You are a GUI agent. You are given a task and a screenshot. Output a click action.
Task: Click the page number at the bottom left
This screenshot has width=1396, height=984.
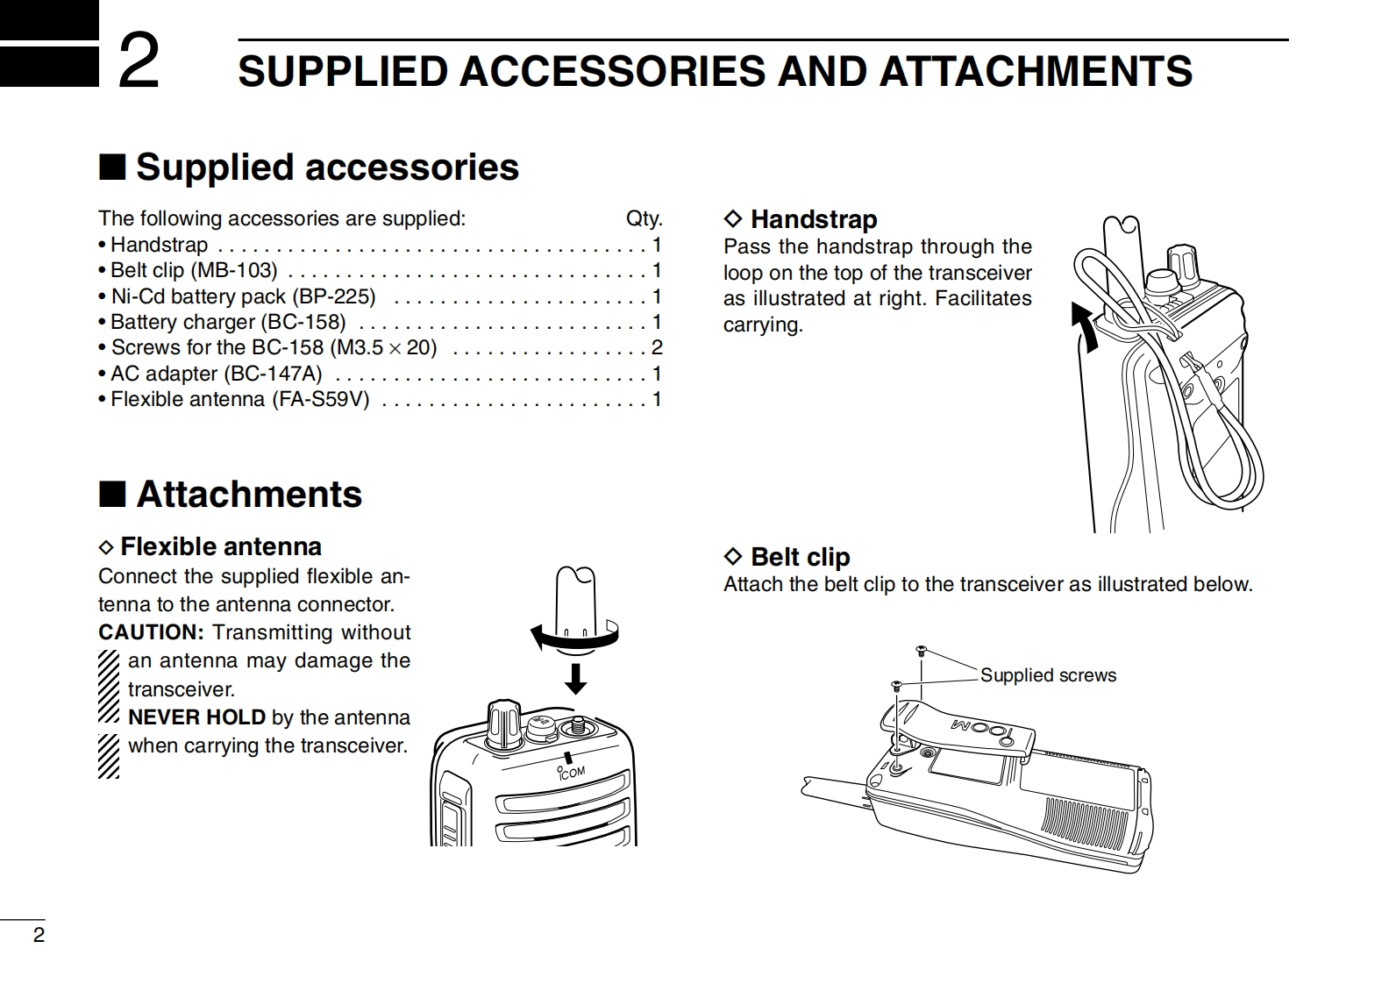[x=39, y=935]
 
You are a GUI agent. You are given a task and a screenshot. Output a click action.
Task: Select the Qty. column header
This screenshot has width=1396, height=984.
[x=644, y=218]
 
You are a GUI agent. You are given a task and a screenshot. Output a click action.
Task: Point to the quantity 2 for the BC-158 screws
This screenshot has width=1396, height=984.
[x=657, y=347]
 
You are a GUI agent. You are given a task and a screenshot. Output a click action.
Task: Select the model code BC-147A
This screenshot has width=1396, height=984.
[x=273, y=374]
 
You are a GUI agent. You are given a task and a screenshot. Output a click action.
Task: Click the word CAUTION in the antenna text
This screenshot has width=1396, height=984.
[x=151, y=632]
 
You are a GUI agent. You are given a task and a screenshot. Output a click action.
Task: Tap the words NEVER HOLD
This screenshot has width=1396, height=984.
[x=196, y=717]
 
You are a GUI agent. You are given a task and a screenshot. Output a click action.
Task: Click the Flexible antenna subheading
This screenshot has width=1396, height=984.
[x=220, y=547]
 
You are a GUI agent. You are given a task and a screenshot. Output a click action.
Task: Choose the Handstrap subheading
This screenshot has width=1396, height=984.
[x=813, y=219]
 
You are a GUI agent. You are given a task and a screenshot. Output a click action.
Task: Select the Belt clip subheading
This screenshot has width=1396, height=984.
[x=800, y=557]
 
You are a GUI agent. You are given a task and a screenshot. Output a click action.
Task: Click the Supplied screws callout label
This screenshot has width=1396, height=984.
[x=1048, y=675]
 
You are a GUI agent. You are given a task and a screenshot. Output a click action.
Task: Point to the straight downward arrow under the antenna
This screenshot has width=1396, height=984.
[x=575, y=678]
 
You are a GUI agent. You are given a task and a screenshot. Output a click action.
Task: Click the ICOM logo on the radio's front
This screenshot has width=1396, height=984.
[x=571, y=773]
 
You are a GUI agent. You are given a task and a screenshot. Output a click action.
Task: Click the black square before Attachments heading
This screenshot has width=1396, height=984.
[x=111, y=495]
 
